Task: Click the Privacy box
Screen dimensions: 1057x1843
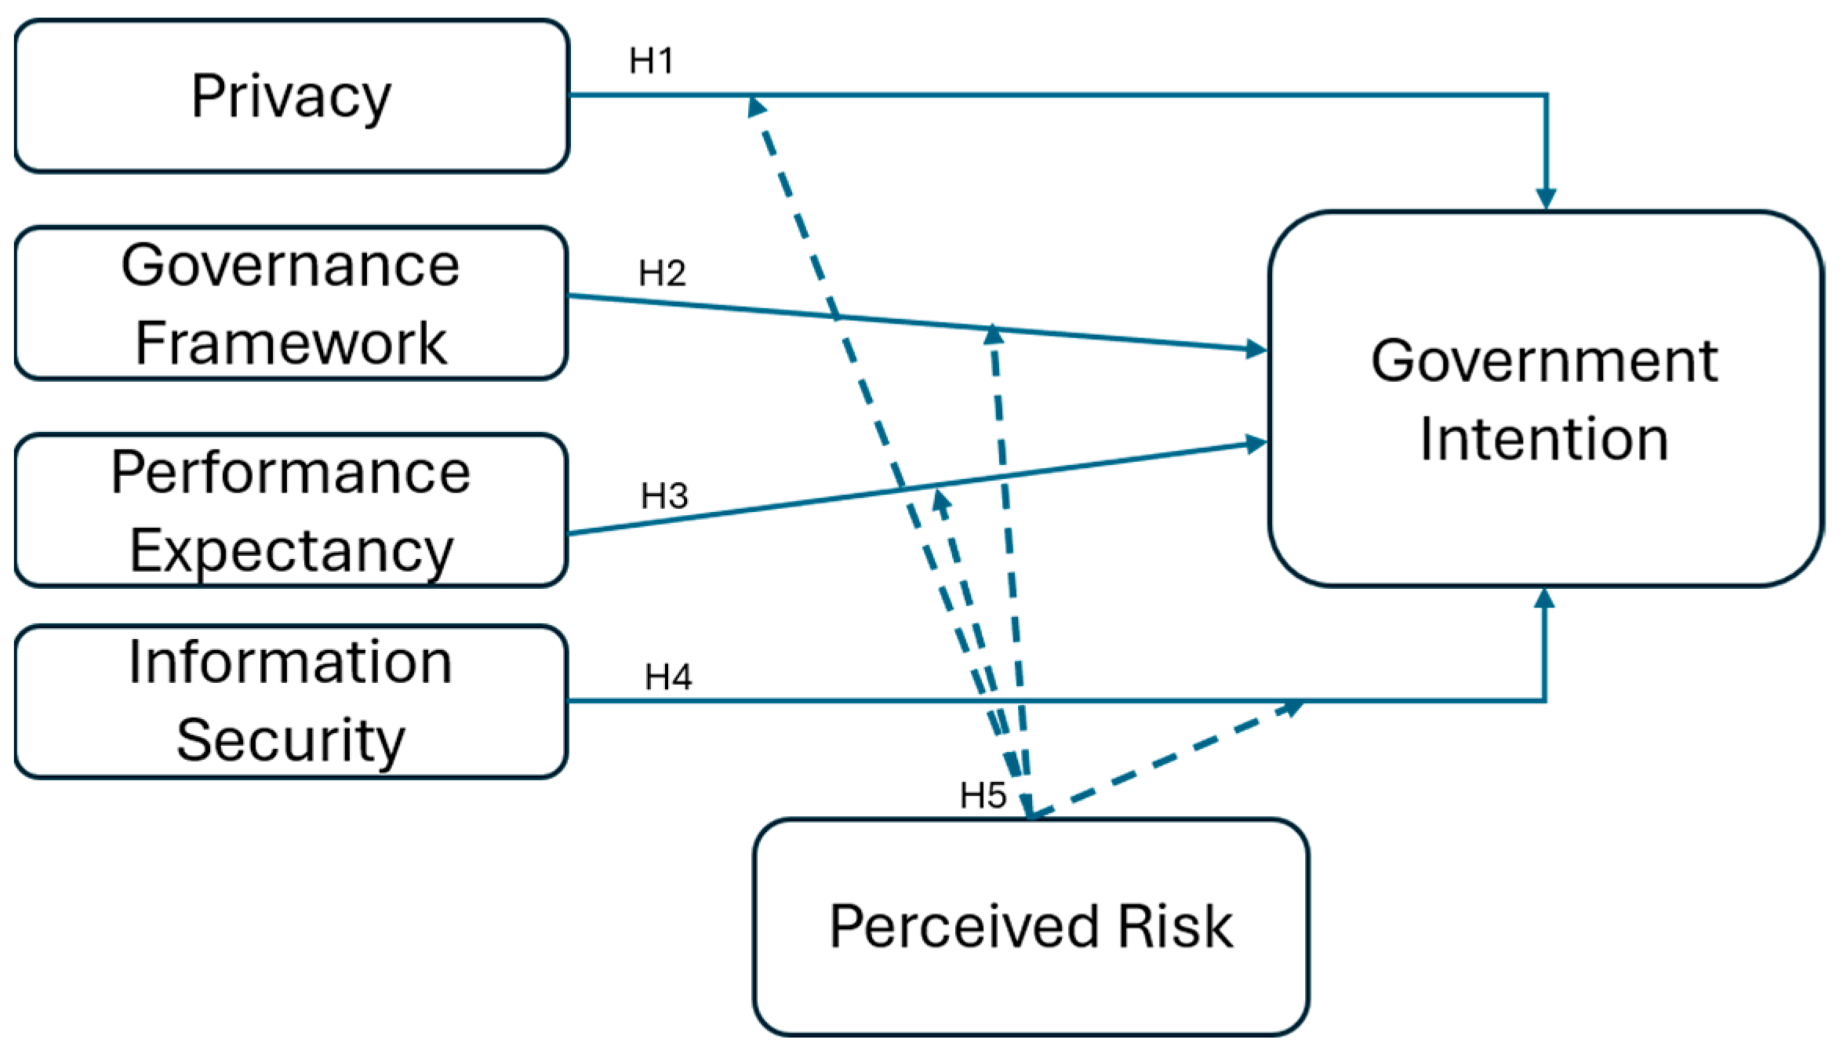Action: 291,96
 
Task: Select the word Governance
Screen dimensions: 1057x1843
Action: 290,265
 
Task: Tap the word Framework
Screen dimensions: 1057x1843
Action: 290,343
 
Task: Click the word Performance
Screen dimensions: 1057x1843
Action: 290,472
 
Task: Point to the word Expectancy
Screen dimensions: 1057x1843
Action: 290,551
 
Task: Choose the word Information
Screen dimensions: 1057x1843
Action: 290,663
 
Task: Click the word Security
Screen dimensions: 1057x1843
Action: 290,740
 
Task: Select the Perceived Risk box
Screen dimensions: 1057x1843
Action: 1031,927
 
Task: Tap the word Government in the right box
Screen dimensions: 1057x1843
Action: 1544,361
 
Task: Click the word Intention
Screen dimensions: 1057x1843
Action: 1544,439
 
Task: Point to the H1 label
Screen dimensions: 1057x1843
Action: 651,61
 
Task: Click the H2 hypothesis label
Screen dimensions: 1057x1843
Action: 662,274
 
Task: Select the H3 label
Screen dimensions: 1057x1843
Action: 664,496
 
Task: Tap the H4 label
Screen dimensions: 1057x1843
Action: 668,677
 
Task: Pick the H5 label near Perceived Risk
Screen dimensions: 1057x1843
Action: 983,796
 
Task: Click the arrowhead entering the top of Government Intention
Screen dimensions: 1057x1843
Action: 1546,198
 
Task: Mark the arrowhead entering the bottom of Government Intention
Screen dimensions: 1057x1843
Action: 1544,599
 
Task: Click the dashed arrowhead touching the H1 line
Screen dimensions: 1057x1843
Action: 756,106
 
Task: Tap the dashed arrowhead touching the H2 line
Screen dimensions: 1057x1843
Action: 994,335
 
